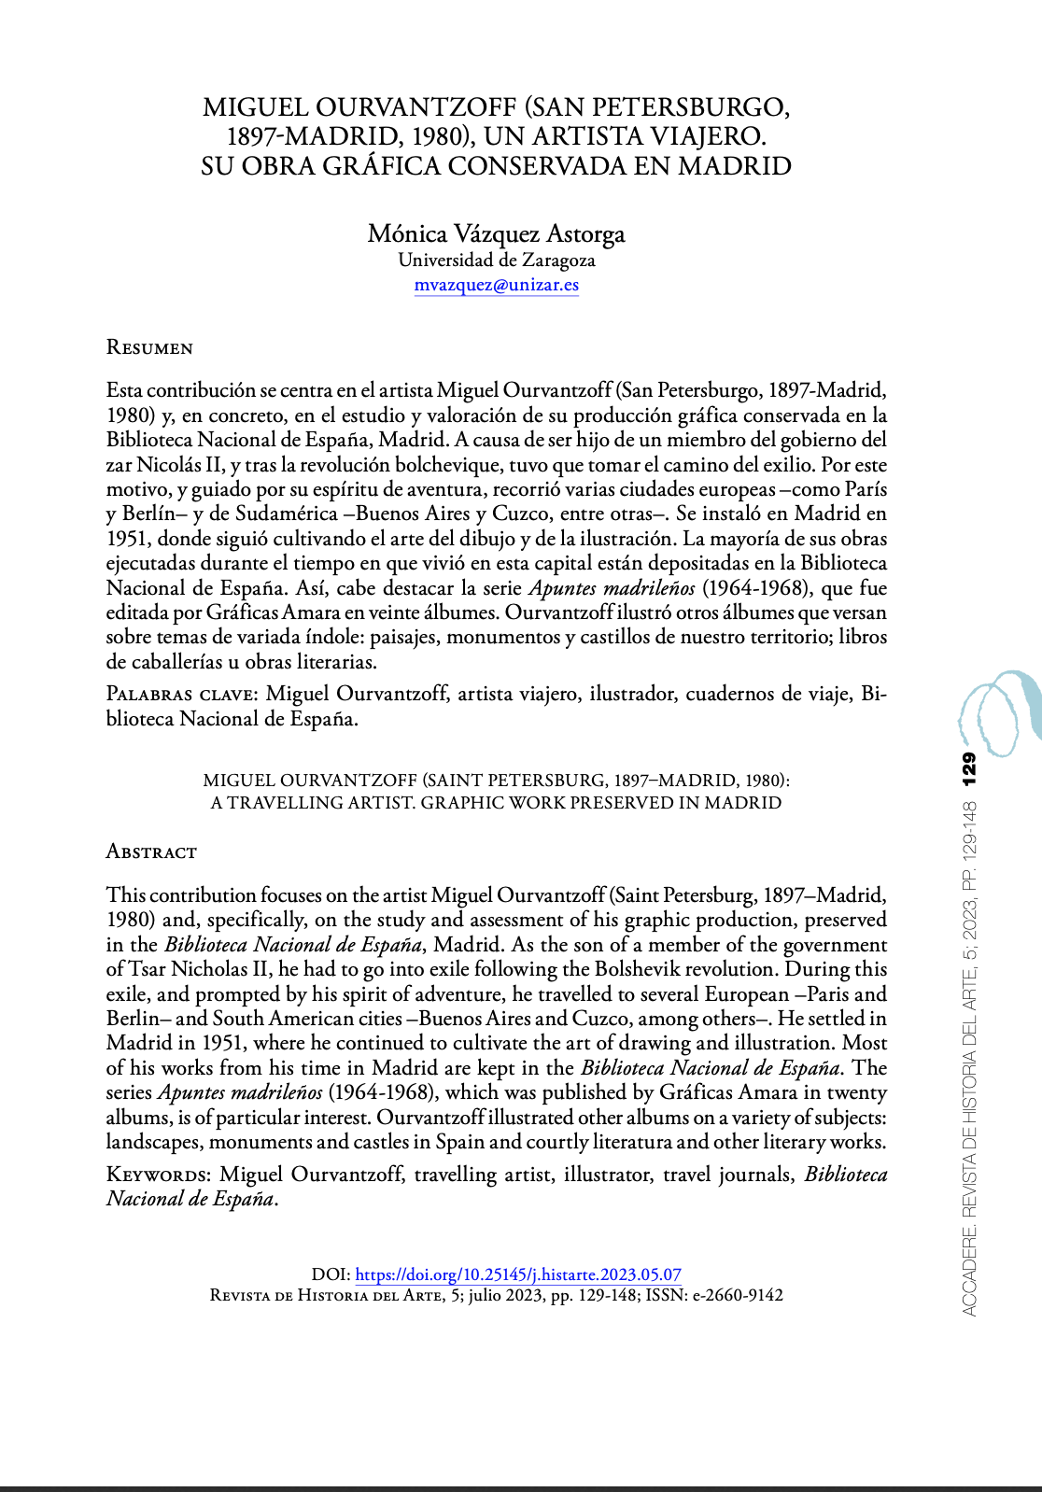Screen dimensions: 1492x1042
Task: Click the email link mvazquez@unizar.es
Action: coord(497,285)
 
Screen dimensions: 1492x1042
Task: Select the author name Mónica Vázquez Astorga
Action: coord(496,233)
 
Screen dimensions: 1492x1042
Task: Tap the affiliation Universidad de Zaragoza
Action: coord(497,260)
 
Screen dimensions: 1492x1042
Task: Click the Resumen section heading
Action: coord(149,348)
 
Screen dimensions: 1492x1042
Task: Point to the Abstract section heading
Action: coord(151,852)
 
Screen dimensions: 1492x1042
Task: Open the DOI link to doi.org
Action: coord(518,1274)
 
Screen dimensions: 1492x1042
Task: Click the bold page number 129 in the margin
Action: coord(969,767)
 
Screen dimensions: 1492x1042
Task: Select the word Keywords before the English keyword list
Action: coord(159,1174)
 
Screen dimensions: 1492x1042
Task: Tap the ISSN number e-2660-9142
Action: coord(738,1296)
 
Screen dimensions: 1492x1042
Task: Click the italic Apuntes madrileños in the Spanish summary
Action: coord(612,588)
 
